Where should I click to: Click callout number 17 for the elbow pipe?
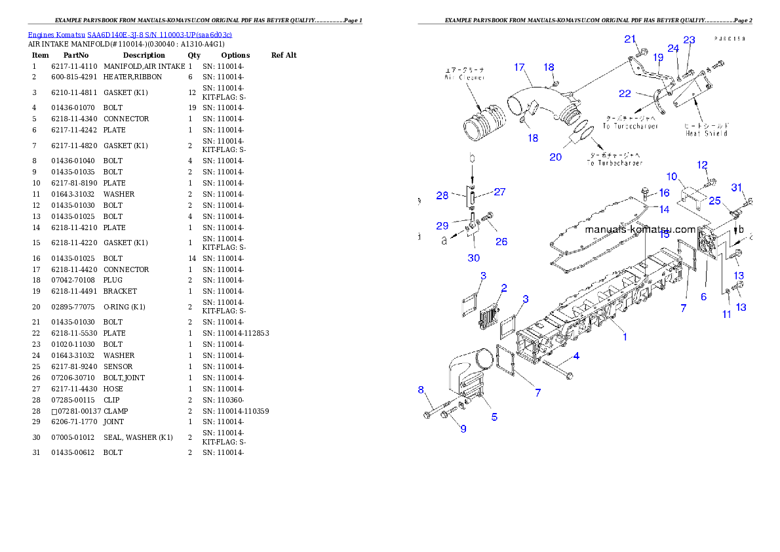tap(519, 68)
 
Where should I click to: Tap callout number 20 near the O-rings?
tap(555, 157)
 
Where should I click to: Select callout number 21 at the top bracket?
tap(630, 39)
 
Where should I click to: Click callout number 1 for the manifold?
tap(625, 337)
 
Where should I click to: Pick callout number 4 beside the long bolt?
tap(576, 356)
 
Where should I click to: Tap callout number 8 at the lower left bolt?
tap(421, 390)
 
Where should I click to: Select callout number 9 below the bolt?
tap(463, 429)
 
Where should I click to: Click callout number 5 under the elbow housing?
tap(494, 417)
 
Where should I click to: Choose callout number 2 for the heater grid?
tap(503, 288)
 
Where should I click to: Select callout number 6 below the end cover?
tap(703, 296)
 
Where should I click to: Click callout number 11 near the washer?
tap(726, 315)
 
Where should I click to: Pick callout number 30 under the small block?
tap(473, 258)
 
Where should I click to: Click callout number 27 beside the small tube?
tap(499, 192)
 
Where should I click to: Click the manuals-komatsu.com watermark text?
tap(640, 229)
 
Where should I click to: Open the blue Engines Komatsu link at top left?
tap(130, 35)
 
